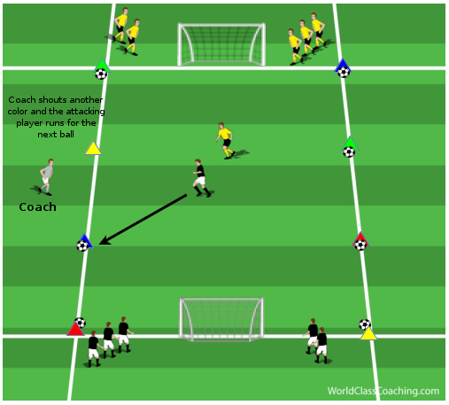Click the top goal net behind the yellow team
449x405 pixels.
pos(221,44)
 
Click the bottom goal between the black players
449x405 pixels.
pos(221,320)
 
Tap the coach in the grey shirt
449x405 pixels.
pos(46,177)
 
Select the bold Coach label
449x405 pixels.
pos(37,207)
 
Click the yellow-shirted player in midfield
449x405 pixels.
pos(226,141)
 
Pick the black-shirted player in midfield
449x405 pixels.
pos(202,178)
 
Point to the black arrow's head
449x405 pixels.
pos(104,241)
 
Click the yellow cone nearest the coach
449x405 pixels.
pos(93,149)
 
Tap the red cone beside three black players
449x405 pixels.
pos(75,329)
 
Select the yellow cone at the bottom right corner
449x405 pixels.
pos(368,333)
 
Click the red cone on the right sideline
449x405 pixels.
pos(360,238)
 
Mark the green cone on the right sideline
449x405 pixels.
pos(350,143)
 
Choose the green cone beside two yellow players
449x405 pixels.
pos(102,65)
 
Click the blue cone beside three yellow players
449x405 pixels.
pos(343,65)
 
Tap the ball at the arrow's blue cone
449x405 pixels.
pos(82,245)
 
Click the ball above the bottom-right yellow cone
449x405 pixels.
pos(365,324)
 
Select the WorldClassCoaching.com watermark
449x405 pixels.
pos(383,391)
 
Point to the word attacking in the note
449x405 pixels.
pos(85,112)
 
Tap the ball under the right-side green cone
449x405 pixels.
pos(349,152)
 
